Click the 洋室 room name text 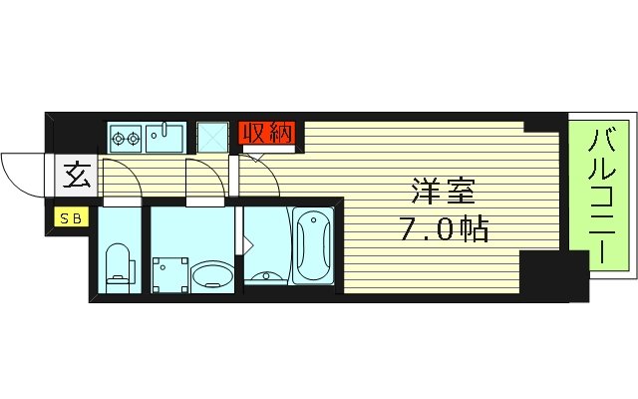click(439, 190)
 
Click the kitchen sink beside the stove click(164, 137)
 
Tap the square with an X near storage click(212, 138)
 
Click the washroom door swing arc click(205, 180)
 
